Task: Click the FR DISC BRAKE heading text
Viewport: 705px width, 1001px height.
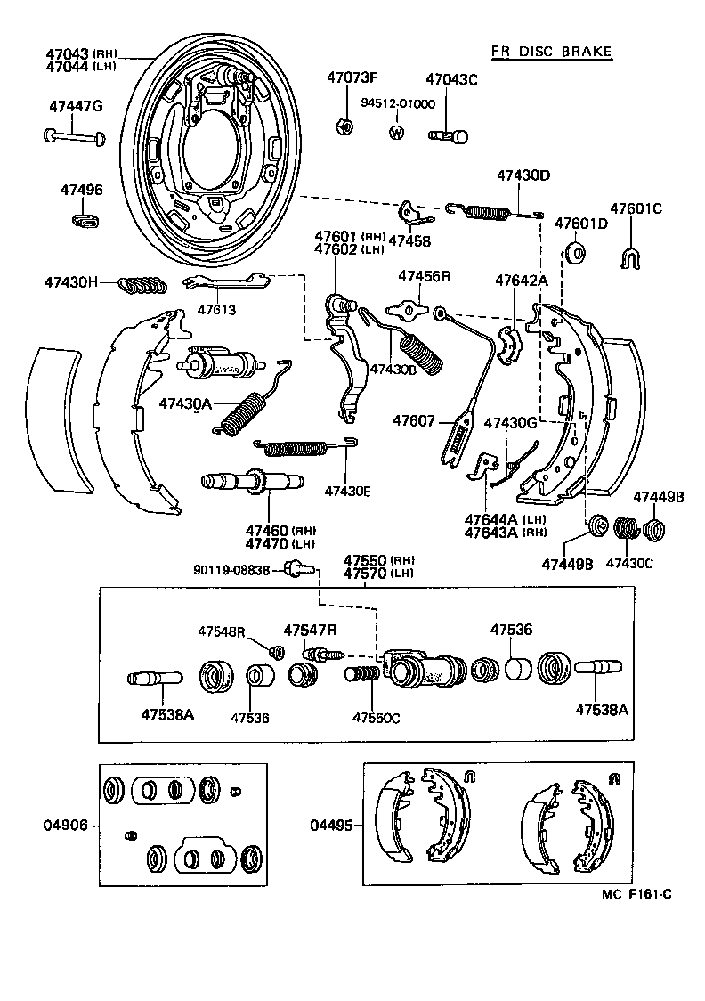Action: [551, 52]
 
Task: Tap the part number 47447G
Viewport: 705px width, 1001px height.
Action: [76, 107]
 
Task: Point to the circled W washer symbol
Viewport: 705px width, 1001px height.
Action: [396, 133]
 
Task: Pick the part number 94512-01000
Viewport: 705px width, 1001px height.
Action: [397, 103]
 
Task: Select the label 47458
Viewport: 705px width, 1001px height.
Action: [409, 241]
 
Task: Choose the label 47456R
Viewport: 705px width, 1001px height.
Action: [424, 277]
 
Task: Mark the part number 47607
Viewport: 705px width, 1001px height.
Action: [414, 421]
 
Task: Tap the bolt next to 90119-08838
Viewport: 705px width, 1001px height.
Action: [297, 569]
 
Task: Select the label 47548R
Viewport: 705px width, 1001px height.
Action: [222, 631]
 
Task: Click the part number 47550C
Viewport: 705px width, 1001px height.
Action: [376, 718]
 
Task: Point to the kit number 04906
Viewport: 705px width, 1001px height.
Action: [66, 826]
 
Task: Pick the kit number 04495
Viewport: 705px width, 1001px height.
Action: [330, 826]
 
